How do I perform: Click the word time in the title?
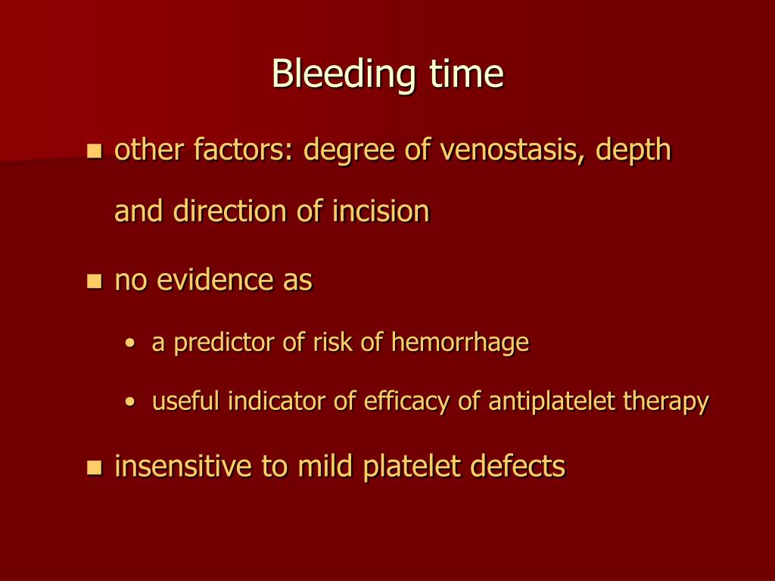click(467, 75)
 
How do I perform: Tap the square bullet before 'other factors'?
click(95, 151)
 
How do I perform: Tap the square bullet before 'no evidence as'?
click(95, 282)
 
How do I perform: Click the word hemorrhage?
click(459, 343)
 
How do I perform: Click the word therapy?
click(666, 402)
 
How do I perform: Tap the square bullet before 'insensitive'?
click(95, 468)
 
